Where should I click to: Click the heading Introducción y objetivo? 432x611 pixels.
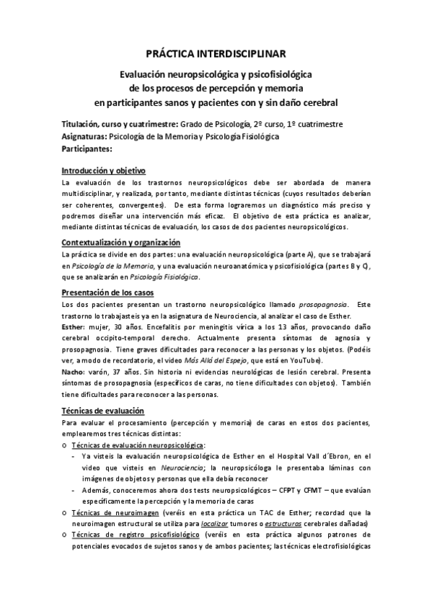(x=104, y=171)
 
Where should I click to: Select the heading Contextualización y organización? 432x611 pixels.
(x=121, y=243)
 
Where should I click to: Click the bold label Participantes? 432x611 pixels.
(x=87, y=148)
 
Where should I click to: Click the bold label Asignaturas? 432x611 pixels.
(x=84, y=136)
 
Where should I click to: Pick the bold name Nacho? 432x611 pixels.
(x=75, y=372)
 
